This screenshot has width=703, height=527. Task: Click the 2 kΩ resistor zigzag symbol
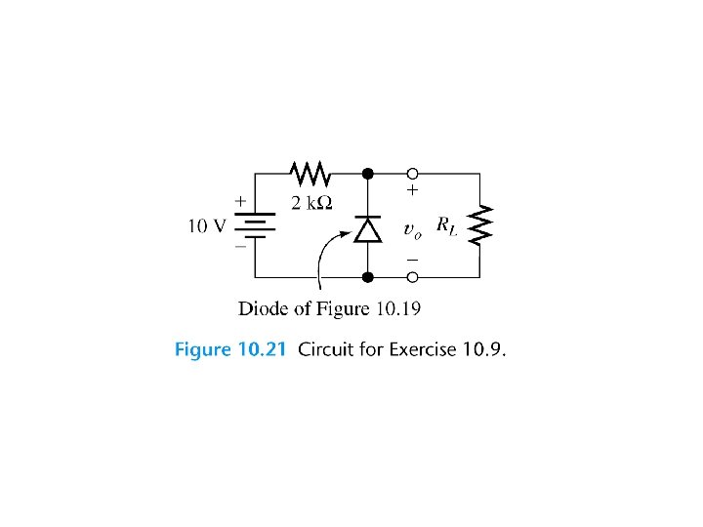click(x=310, y=175)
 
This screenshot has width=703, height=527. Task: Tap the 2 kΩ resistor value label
click(x=311, y=203)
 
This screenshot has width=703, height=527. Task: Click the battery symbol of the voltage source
click(x=256, y=226)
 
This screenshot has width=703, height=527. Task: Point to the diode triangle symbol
click(x=367, y=228)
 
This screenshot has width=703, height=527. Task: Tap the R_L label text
click(x=445, y=225)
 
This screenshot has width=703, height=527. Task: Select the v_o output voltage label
click(x=412, y=230)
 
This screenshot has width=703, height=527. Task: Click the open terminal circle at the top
click(x=413, y=175)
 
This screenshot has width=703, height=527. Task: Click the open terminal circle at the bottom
click(x=413, y=278)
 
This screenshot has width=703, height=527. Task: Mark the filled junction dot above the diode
click(x=367, y=175)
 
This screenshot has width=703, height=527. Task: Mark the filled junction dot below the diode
click(x=367, y=278)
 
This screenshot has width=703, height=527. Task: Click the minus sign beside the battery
click(x=239, y=249)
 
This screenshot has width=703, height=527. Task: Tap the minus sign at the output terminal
click(x=412, y=260)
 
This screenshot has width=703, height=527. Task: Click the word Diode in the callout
click(x=263, y=309)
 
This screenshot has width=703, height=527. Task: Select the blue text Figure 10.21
click(x=229, y=349)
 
